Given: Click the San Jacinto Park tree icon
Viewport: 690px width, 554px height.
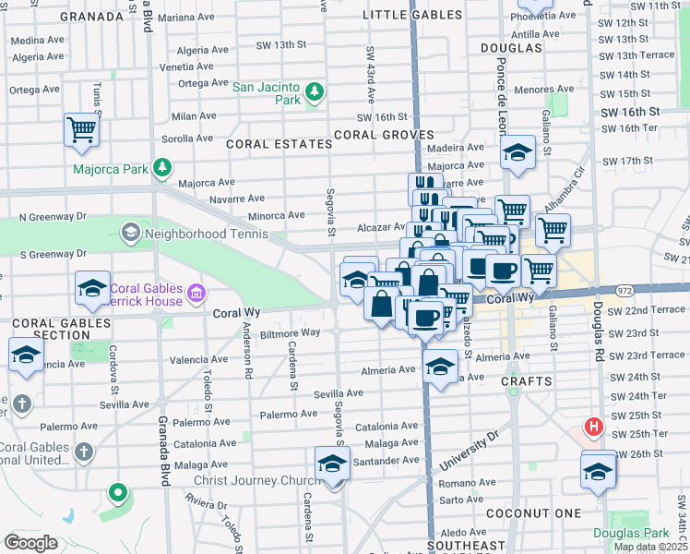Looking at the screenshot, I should pyautogui.click(x=315, y=90).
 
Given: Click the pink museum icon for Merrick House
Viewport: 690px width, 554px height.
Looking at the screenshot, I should pyautogui.click(x=196, y=295).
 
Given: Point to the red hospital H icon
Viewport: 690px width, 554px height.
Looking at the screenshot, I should pyautogui.click(x=595, y=428).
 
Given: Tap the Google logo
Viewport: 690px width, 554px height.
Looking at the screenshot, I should pyautogui.click(x=30, y=542).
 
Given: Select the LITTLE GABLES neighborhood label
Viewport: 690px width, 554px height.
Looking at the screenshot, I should pyautogui.click(x=412, y=15).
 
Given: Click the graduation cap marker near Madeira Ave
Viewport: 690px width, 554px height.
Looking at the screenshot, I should pyautogui.click(x=517, y=152).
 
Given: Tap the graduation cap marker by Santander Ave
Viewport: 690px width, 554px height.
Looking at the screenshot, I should pyautogui.click(x=332, y=464).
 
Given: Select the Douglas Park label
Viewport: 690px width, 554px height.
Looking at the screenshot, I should pyautogui.click(x=644, y=533).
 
